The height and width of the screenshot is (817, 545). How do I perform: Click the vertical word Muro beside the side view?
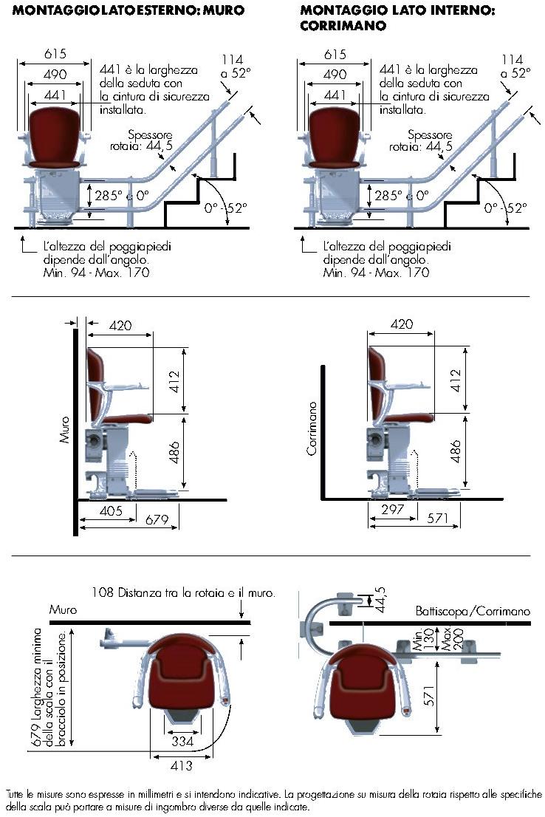(x=65, y=428)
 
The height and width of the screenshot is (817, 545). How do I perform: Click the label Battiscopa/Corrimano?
(x=473, y=612)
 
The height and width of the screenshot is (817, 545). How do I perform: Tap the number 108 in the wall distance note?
(x=103, y=592)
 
